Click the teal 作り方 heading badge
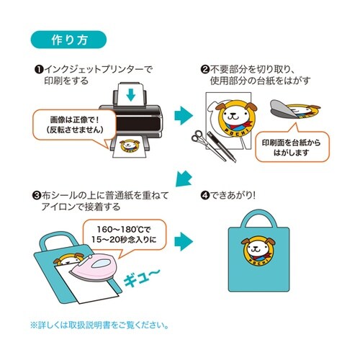tap(68, 38)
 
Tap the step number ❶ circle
tap(37, 69)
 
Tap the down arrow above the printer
tap(130, 94)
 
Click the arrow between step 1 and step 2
tap(184, 116)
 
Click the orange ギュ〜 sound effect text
tap(146, 276)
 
